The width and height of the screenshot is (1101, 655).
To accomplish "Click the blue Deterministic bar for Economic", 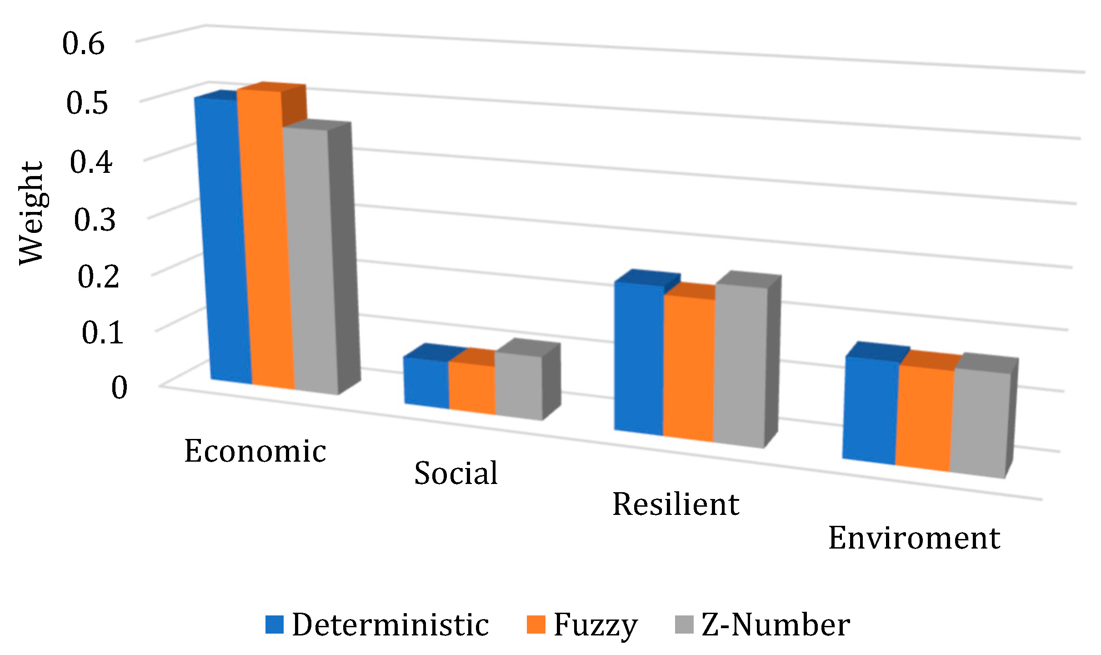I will (x=223, y=241).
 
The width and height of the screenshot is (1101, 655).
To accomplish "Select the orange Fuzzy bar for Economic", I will (x=266, y=241).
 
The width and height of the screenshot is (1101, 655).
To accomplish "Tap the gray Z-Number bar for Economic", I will (x=311, y=259).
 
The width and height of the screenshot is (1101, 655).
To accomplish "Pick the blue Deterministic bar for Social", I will (x=426, y=382).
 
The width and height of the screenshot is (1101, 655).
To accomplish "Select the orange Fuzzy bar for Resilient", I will (x=689, y=368).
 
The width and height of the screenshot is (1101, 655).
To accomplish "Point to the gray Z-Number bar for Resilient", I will (x=740, y=366).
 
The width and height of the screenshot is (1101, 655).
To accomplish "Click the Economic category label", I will (x=255, y=451).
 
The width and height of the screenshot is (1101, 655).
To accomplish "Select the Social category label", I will (x=456, y=473).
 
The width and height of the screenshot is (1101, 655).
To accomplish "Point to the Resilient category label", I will (x=676, y=504).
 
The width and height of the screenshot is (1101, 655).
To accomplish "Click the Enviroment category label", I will (x=914, y=538).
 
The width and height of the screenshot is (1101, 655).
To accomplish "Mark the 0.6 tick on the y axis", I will (x=84, y=44).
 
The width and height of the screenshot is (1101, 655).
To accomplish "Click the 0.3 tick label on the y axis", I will (x=95, y=220).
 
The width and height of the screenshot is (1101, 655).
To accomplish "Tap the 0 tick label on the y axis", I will (x=119, y=388).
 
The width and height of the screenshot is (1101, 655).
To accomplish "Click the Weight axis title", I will (x=31, y=213).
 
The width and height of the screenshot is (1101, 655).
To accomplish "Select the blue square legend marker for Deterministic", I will (x=275, y=625).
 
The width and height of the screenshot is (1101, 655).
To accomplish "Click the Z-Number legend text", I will (x=776, y=625).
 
